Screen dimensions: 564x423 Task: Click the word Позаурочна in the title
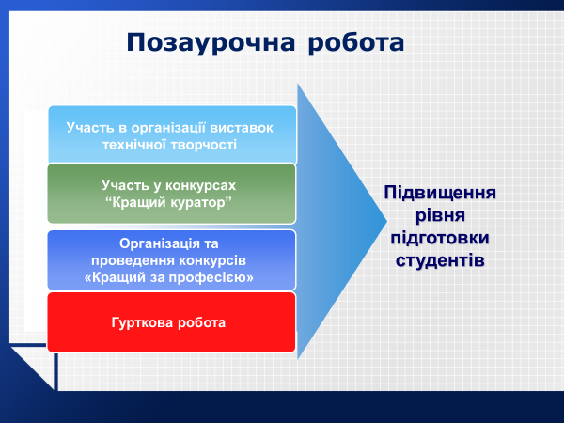pyautogui.click(x=211, y=43)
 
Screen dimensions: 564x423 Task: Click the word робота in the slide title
pyautogui.click(x=356, y=43)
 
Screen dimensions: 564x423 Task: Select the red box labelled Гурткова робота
pyautogui.click(x=172, y=322)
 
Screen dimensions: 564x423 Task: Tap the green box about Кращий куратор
pyautogui.click(x=172, y=194)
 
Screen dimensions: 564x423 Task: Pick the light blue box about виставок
pyautogui.click(x=172, y=134)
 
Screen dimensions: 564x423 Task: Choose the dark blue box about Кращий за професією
pyautogui.click(x=172, y=260)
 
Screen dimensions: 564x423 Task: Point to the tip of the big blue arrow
pyautogui.click(x=386, y=221)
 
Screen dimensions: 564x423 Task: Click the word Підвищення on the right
pyautogui.click(x=440, y=193)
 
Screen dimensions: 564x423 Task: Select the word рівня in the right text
pyautogui.click(x=440, y=215)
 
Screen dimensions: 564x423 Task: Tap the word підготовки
pyautogui.click(x=440, y=238)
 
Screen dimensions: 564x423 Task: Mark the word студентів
pyautogui.click(x=440, y=260)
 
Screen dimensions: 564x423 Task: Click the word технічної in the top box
pyautogui.click(x=134, y=145)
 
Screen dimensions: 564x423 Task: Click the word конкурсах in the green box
pyautogui.click(x=200, y=185)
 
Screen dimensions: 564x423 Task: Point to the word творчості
pyautogui.click(x=204, y=145)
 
